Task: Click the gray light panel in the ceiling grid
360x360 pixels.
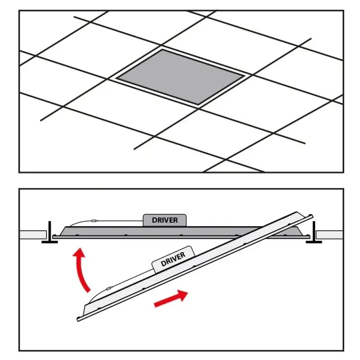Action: pos(180,77)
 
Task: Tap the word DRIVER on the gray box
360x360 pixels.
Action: pos(165,220)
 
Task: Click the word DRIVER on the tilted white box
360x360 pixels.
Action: pos(173,259)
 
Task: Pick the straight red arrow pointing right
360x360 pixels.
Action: pos(171,298)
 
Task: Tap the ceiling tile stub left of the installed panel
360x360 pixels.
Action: pos(33,235)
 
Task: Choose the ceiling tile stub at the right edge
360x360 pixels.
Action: pos(330,235)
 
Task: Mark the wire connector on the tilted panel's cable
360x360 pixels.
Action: pos(109,288)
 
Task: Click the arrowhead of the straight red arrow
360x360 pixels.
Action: pos(183,295)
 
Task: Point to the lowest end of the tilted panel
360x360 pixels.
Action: pos(78,319)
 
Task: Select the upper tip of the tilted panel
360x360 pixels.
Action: pos(312,216)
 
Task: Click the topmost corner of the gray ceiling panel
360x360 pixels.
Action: pos(162,50)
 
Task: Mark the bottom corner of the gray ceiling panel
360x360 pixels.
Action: pos(198,105)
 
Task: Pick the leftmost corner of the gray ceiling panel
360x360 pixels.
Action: pos(117,78)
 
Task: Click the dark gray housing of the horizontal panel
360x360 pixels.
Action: pos(161,231)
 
